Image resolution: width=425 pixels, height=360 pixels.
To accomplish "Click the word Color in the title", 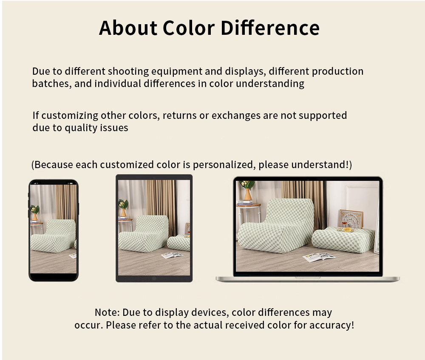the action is tap(189, 28).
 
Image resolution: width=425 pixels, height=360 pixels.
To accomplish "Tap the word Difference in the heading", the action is tap(270, 28).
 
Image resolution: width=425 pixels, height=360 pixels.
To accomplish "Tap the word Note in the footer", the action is tap(107, 312).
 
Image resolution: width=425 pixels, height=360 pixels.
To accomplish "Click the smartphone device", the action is tap(54, 231).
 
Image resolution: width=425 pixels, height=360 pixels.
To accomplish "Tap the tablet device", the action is tap(154, 228).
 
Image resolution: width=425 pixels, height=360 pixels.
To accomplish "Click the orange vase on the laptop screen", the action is tap(248, 194).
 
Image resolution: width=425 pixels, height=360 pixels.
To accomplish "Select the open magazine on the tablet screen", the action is tap(172, 255).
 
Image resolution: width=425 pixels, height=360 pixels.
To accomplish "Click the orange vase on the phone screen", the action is tap(35, 217).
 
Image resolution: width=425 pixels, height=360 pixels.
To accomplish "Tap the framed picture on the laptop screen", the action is tap(351, 219).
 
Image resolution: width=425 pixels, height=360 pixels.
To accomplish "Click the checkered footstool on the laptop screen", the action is tap(343, 239).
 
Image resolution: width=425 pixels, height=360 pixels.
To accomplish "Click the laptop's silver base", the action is tap(308, 279).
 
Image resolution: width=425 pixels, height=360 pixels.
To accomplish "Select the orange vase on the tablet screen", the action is tap(123, 212).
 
